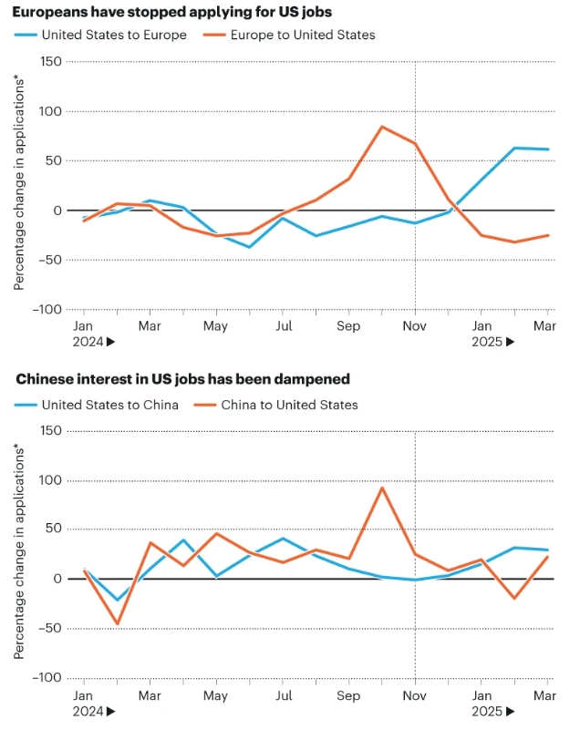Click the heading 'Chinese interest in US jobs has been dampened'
pyautogui.click(x=183, y=378)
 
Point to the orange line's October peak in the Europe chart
pyautogui.click(x=382, y=127)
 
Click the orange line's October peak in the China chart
pyautogui.click(x=382, y=488)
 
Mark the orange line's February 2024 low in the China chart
pyautogui.click(x=117, y=624)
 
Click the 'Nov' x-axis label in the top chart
pyautogui.click(x=415, y=325)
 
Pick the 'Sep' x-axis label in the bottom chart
pyautogui.click(x=348, y=694)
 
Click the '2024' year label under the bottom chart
pyautogui.click(x=88, y=711)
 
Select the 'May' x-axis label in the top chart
pyautogui.click(x=215, y=325)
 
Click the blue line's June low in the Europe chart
pyautogui.click(x=249, y=247)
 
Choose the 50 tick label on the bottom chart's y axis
pyautogui.click(x=53, y=530)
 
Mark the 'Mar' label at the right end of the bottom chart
pyautogui.click(x=544, y=694)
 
